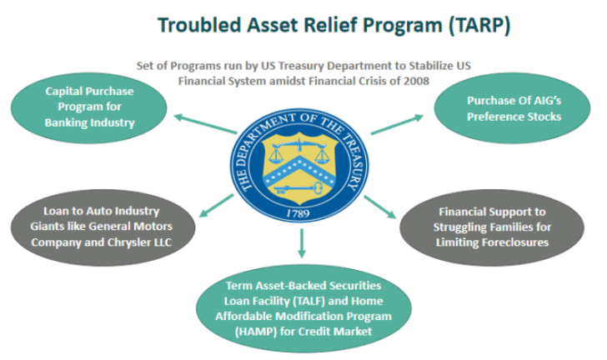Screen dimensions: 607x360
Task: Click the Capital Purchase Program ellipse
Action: (89, 108)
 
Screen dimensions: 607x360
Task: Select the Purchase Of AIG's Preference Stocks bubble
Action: (512, 108)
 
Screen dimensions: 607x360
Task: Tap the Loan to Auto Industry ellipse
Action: (103, 227)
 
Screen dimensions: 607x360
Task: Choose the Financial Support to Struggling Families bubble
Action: (492, 227)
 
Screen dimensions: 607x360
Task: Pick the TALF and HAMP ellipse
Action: (303, 308)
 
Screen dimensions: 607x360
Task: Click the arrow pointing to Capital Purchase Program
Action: (205, 124)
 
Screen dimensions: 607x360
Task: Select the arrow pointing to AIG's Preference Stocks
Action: (397, 124)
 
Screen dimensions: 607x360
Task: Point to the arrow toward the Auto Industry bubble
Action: (217, 206)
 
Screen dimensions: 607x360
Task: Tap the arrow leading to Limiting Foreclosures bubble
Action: (380, 207)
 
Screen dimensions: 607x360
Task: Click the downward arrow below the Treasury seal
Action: (302, 243)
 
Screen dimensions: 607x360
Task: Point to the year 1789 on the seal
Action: (298, 213)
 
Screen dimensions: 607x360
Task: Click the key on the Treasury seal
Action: (298, 189)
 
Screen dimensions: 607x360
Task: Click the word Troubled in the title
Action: (199, 25)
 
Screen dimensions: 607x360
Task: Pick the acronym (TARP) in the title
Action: (479, 26)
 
